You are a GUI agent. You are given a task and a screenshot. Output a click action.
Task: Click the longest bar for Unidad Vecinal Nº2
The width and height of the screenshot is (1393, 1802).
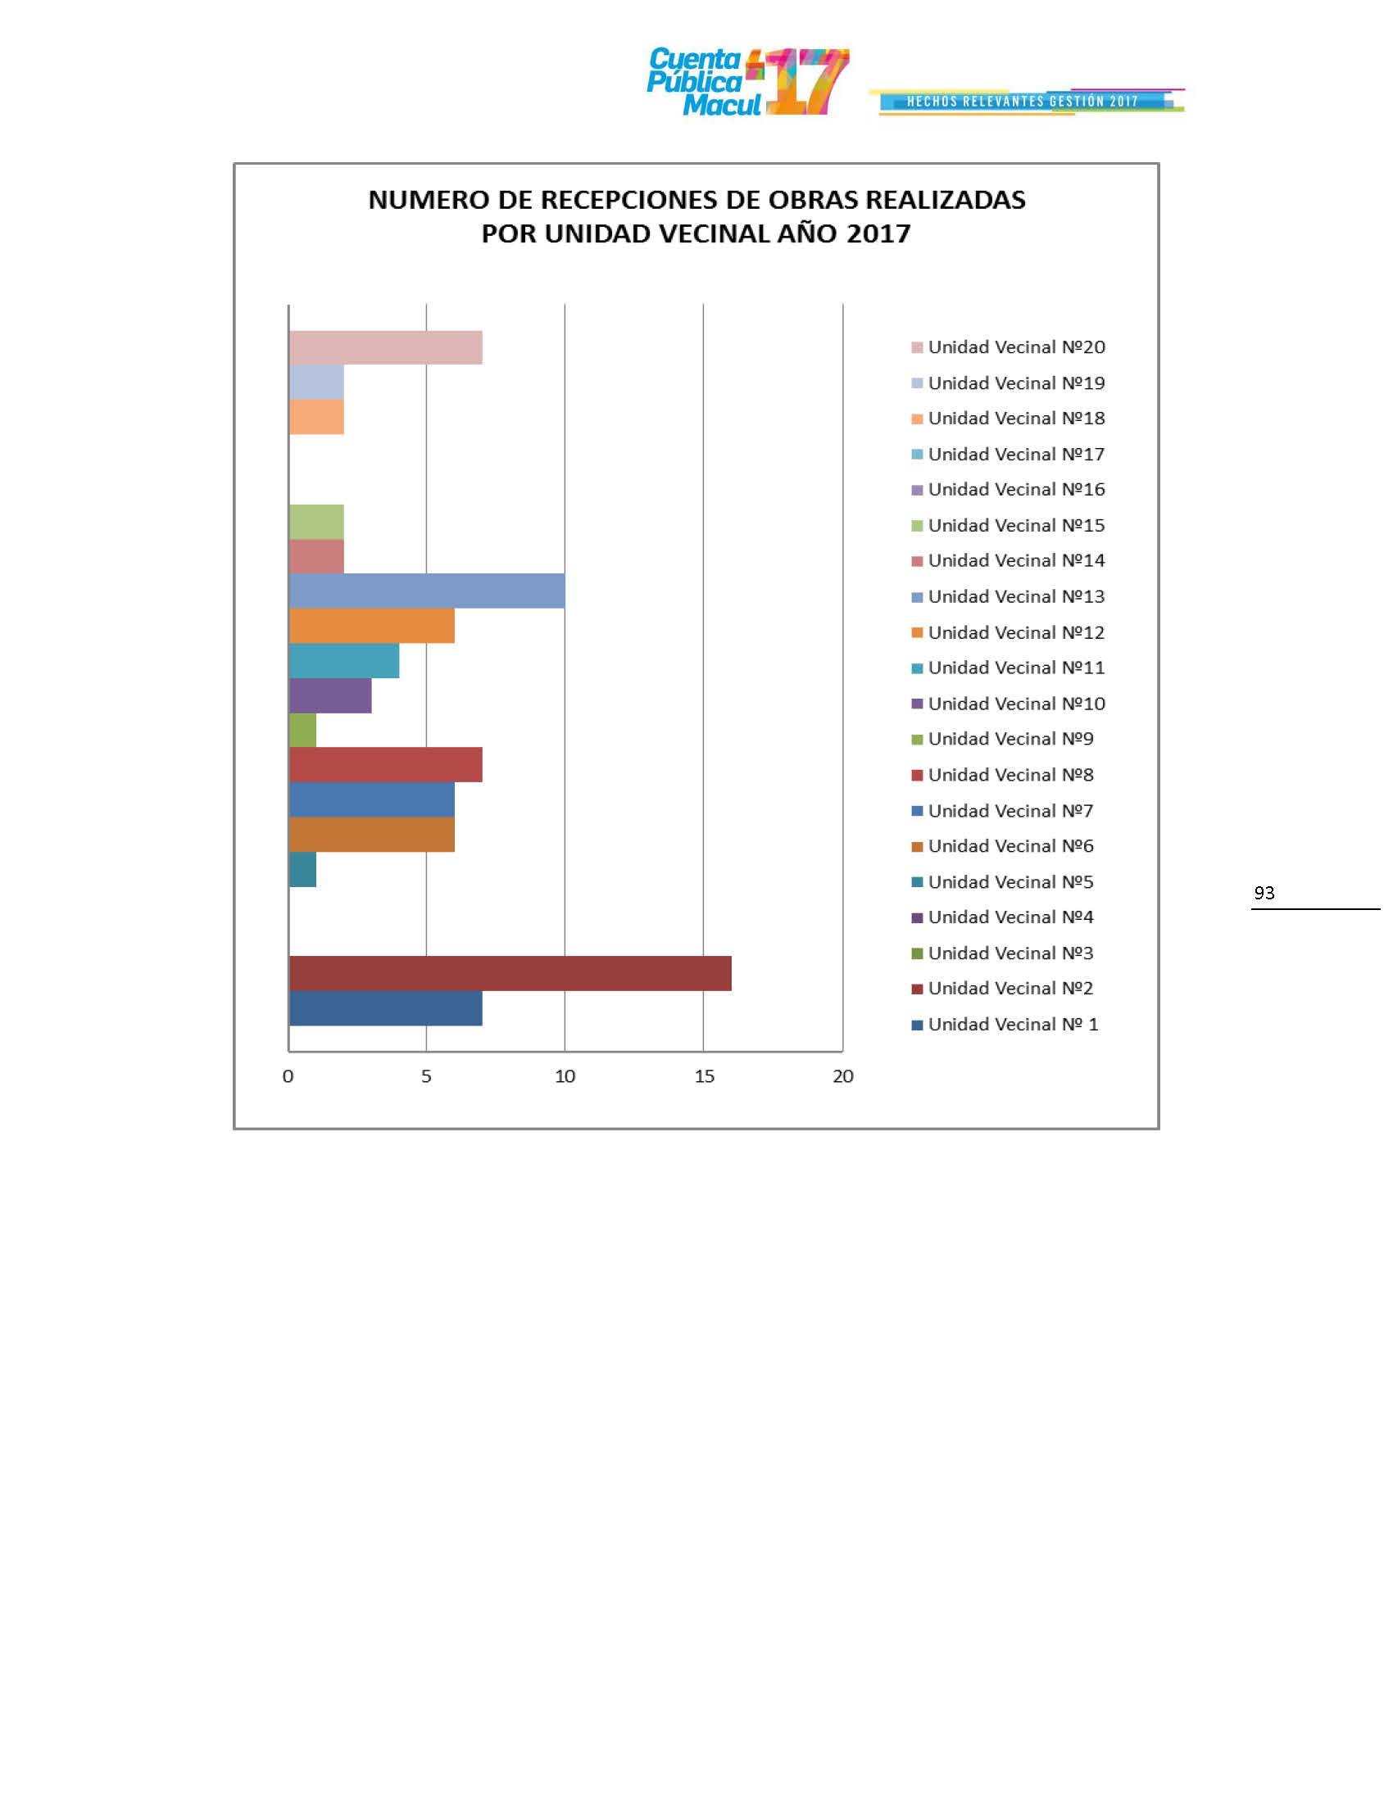coord(510,973)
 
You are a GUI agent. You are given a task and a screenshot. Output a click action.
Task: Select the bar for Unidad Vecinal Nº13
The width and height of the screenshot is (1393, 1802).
coord(427,591)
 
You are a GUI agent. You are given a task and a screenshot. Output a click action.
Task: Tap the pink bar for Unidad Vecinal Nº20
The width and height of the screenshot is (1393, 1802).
coord(385,347)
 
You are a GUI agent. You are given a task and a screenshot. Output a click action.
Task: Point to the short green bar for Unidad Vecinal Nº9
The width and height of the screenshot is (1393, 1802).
coord(303,730)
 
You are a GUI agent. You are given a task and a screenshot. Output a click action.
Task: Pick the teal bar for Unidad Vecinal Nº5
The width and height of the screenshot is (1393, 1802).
coord(303,870)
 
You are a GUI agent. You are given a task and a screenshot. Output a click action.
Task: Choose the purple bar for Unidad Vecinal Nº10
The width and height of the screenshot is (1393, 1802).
coord(330,695)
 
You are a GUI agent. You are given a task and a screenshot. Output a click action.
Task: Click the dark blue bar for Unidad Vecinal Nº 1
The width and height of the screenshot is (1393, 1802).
coord(385,1008)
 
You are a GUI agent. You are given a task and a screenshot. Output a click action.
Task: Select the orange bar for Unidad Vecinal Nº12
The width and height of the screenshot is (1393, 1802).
coord(371,626)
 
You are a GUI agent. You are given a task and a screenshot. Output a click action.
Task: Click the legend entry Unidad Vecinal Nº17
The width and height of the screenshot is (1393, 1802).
coord(1016,455)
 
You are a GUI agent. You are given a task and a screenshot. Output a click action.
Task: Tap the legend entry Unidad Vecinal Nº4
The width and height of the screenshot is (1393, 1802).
coord(1010,917)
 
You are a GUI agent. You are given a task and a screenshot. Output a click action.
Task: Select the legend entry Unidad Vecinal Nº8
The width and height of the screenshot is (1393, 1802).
coord(1010,775)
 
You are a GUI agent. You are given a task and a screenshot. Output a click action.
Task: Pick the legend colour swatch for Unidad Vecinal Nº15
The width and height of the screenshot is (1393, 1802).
coord(917,527)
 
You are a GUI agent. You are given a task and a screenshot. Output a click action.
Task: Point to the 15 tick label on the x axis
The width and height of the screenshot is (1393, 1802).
coord(704,1076)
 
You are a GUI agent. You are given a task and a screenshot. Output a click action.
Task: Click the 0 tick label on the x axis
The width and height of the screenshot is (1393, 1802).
coord(288,1076)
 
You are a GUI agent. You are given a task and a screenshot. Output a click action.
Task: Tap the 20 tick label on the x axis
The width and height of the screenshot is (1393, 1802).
coord(842,1076)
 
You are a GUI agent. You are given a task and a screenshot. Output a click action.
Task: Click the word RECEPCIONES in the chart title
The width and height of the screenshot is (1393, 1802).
coord(630,201)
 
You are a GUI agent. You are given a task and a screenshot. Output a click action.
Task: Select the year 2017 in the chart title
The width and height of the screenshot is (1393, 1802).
coord(878,234)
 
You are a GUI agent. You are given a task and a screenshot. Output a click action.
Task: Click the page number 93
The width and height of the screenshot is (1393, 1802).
coord(1264,893)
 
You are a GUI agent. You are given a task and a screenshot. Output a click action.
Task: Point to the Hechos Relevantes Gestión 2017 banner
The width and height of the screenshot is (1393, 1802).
coord(1023,102)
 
